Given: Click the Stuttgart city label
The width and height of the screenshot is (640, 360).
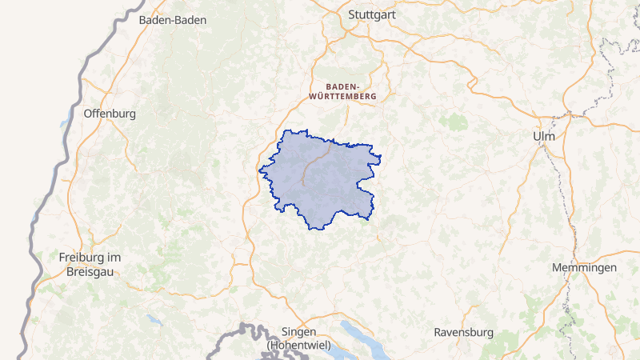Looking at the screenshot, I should coord(373,14).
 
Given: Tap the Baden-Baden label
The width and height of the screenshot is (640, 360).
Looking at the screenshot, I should coord(172,20).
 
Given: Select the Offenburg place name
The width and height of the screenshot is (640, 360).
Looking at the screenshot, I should coord(110,114).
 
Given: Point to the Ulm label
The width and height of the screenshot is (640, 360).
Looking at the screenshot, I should coord(543,137).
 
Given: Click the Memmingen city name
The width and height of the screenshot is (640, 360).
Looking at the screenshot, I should coord(584,267).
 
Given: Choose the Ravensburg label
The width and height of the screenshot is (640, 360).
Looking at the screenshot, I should coord(463,332).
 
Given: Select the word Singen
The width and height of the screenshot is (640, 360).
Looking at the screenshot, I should coord(299,332).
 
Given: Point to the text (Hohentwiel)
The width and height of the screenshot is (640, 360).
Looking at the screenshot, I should coord(299,345).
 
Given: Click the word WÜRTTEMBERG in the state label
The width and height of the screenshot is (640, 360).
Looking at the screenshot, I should coord(342,95).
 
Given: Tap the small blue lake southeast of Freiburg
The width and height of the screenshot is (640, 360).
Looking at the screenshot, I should coord(153,320).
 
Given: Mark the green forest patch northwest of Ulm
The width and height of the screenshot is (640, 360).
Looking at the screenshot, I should coord(456,122).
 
